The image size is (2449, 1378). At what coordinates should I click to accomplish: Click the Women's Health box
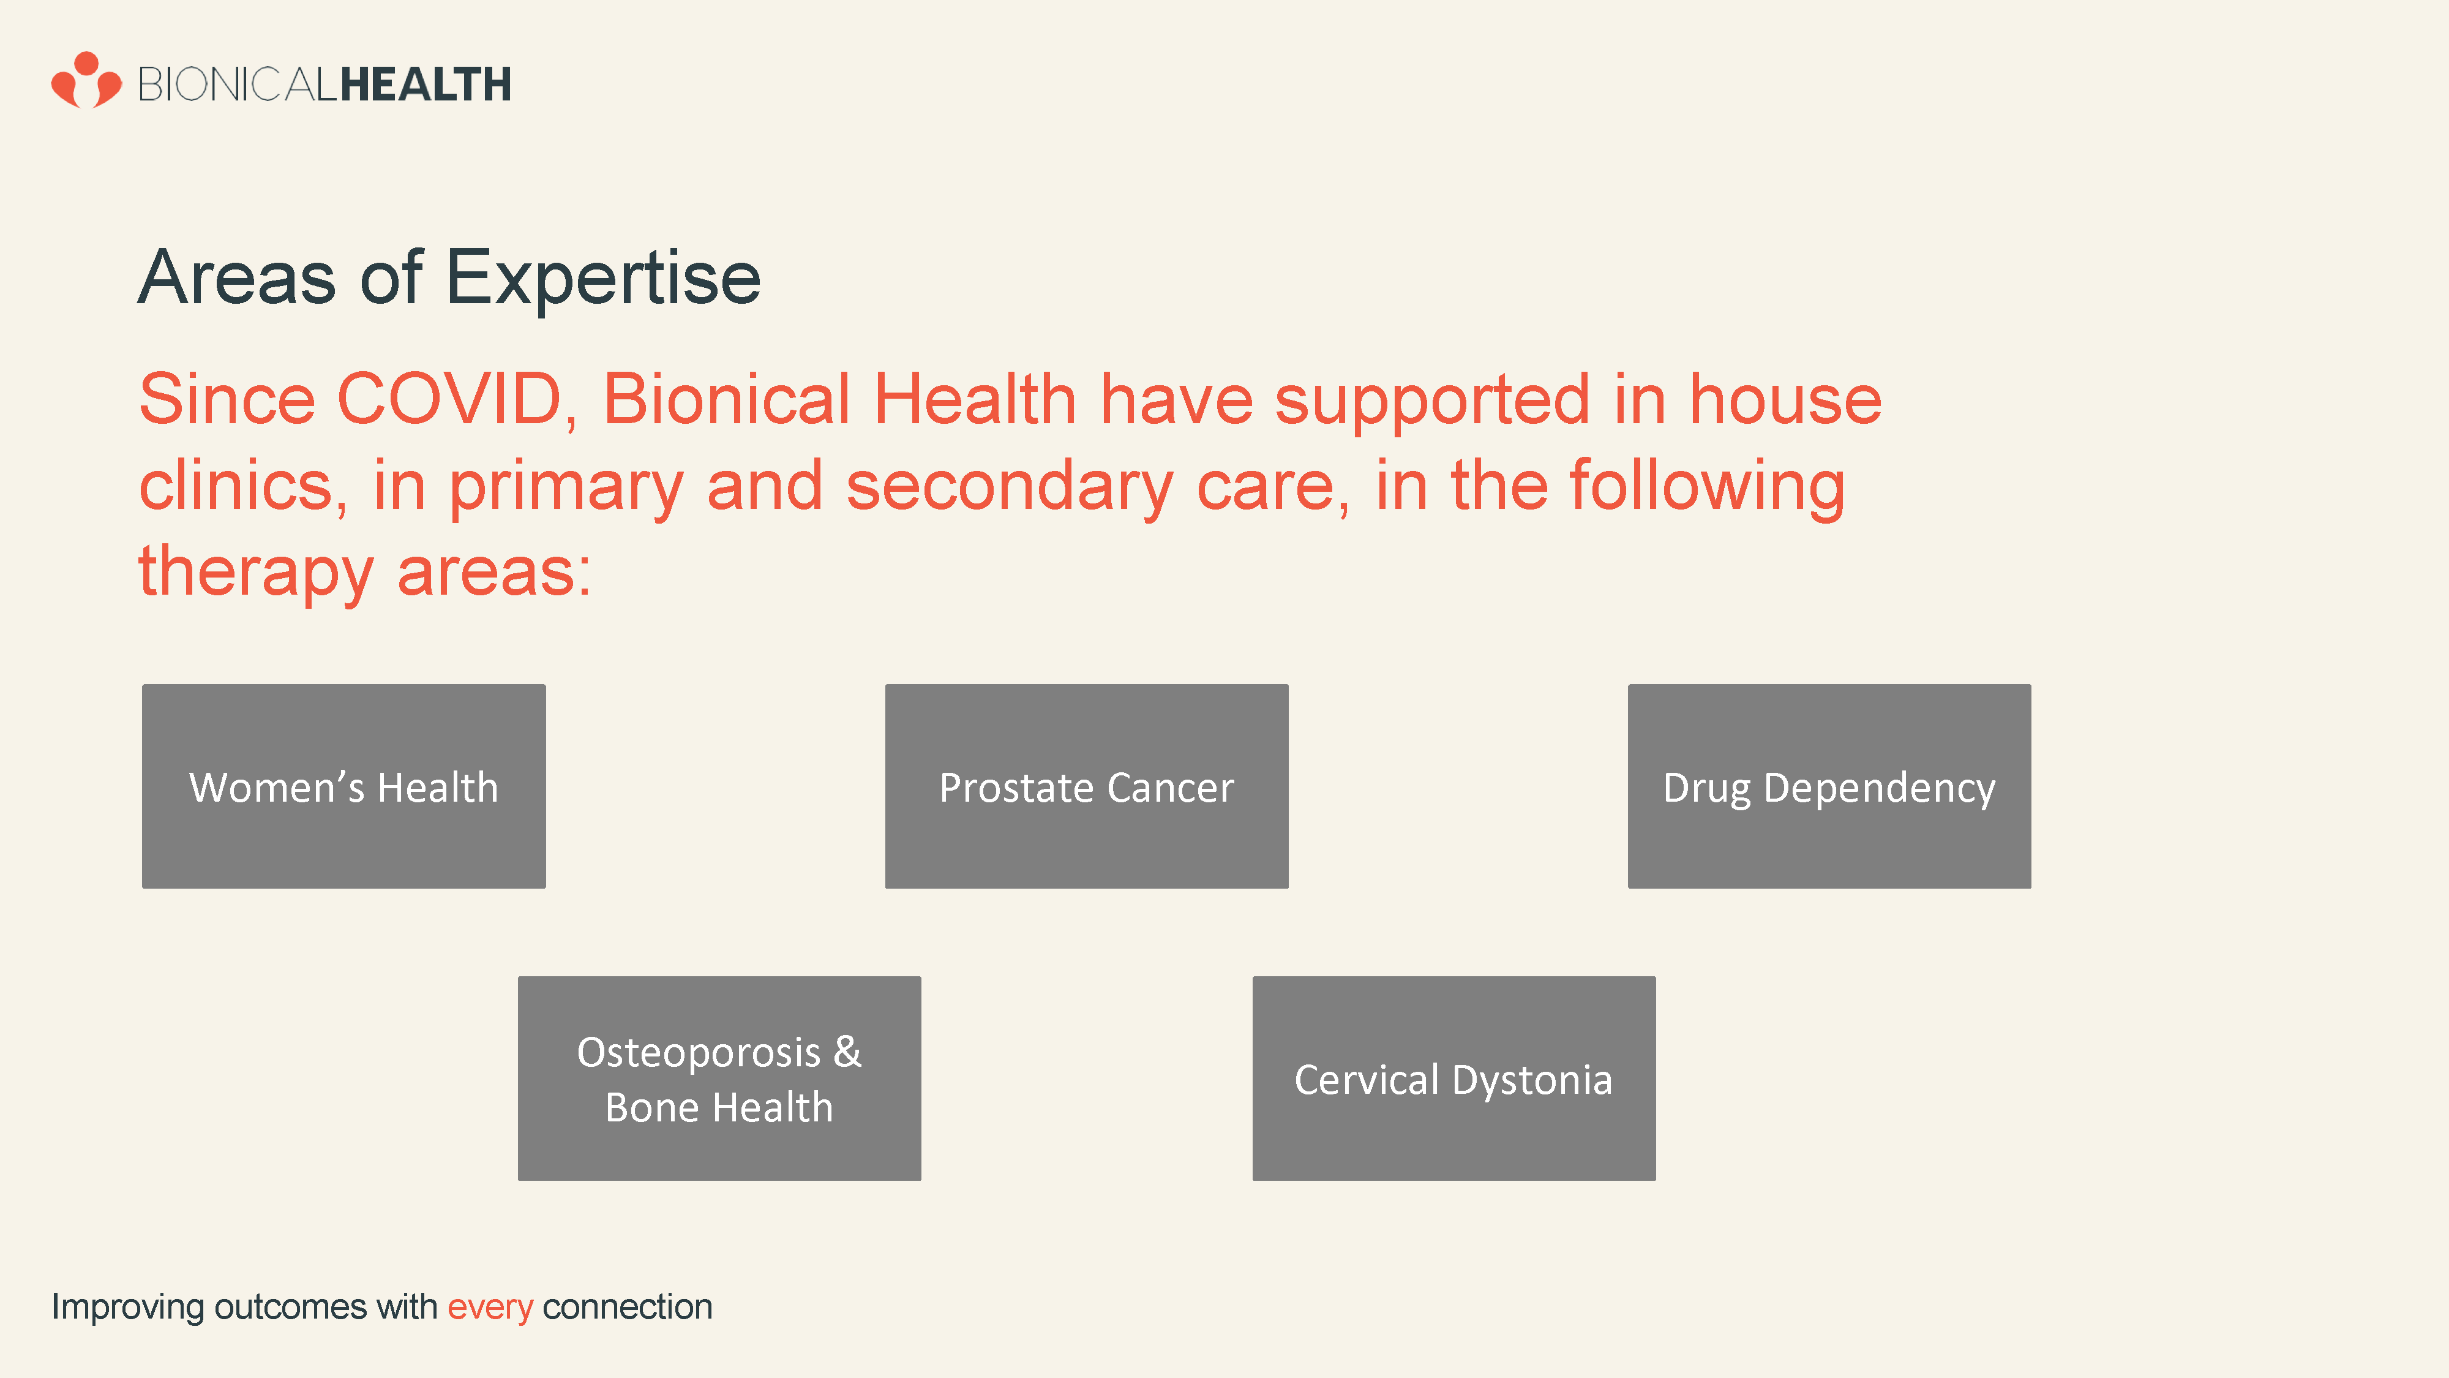tap(344, 786)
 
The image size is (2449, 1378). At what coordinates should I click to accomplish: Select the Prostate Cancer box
tap(1087, 786)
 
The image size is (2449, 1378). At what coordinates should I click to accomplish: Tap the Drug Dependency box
tap(1829, 786)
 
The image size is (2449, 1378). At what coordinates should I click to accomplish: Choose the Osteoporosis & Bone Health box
tap(719, 1079)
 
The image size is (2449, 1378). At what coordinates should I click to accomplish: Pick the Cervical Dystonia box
tap(1453, 1079)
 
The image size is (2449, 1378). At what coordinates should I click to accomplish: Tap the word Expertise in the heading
tap(604, 277)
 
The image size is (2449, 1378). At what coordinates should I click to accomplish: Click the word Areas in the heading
tap(238, 277)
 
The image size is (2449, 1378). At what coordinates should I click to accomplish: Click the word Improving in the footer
tap(127, 1308)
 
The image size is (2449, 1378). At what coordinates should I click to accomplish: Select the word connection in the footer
tap(628, 1307)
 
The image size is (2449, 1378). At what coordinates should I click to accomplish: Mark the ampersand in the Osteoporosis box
tap(847, 1052)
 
